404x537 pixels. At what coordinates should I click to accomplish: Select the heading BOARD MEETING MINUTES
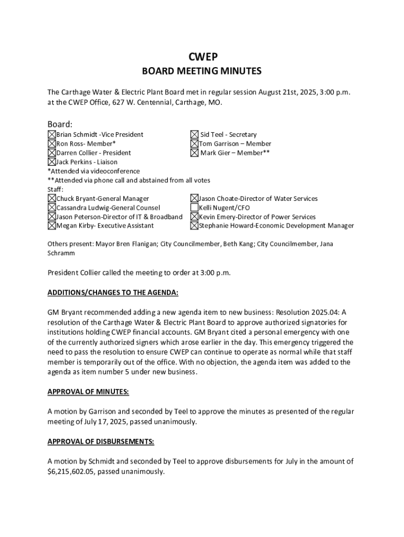click(x=202, y=71)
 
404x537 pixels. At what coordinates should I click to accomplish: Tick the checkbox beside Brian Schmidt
click(x=52, y=135)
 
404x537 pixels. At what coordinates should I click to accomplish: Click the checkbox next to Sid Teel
click(x=194, y=135)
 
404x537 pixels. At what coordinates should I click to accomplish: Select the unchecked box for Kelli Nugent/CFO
click(x=194, y=208)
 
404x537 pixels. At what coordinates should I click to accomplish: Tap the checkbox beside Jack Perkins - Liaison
click(x=52, y=162)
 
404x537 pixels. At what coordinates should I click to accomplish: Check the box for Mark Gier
click(x=194, y=153)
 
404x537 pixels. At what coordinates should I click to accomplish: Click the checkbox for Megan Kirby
click(x=52, y=226)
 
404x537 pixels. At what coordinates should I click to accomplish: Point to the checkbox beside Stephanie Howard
click(x=194, y=226)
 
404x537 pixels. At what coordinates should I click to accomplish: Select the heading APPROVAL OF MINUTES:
click(x=88, y=392)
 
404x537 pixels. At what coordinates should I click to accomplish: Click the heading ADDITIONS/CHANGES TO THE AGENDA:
click(x=113, y=292)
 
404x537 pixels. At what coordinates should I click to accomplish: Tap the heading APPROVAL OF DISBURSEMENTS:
click(x=101, y=442)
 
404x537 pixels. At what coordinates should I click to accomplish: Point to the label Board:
click(x=60, y=124)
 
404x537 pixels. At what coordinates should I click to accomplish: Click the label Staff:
click(x=56, y=189)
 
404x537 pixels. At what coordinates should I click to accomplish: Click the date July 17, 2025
click(x=101, y=422)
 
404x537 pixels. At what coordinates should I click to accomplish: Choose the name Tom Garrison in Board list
click(x=221, y=144)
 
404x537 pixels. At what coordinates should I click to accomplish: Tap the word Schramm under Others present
click(x=61, y=253)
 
